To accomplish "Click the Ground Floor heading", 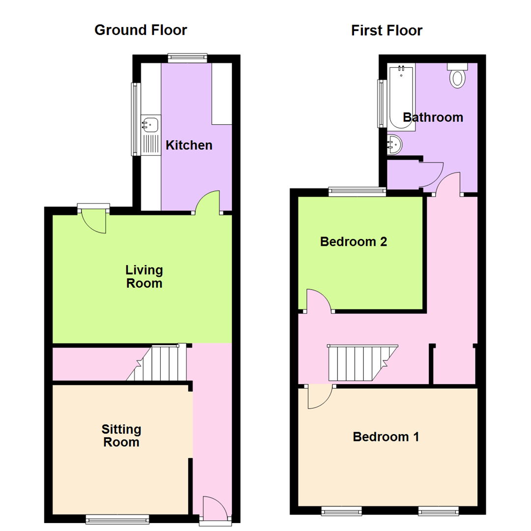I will tap(141, 30).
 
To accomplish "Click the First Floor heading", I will tap(386, 30).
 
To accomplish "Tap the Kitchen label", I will tap(189, 145).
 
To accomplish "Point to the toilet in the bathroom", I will tap(458, 77).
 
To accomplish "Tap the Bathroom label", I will tap(433, 118).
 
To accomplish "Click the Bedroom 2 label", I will tap(354, 241).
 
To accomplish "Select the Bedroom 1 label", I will tap(386, 437).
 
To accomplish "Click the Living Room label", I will tap(144, 277).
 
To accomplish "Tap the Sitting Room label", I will tap(121, 436).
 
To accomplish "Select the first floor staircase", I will tap(361, 363).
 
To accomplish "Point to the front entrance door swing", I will tap(214, 507).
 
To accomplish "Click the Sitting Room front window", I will tap(117, 519).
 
